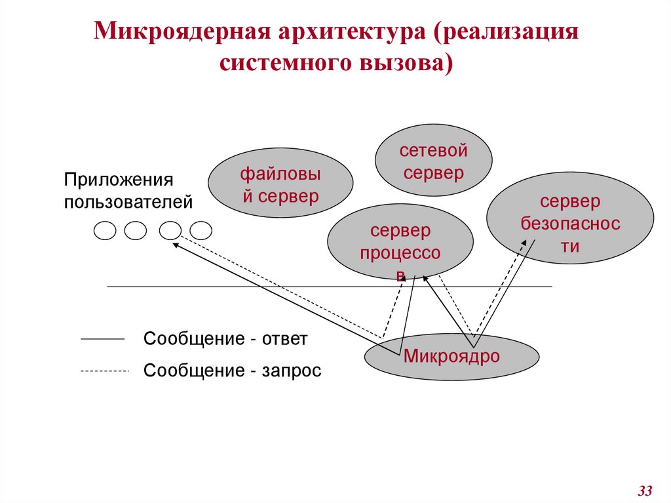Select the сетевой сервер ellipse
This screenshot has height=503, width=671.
pos(433,161)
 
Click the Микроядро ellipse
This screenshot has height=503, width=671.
pos(451,356)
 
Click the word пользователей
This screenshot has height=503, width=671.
pos(128,201)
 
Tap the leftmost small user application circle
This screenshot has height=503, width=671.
pos(105,230)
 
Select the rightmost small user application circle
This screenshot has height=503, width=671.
pos(201,230)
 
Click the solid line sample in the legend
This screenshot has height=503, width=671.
pos(102,339)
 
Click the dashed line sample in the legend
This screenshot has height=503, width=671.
pos(105,371)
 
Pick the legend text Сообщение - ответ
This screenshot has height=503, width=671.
pos(225,339)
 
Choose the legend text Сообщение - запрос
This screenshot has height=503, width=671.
pos(233,371)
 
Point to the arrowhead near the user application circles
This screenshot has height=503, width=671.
pos(176,244)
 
